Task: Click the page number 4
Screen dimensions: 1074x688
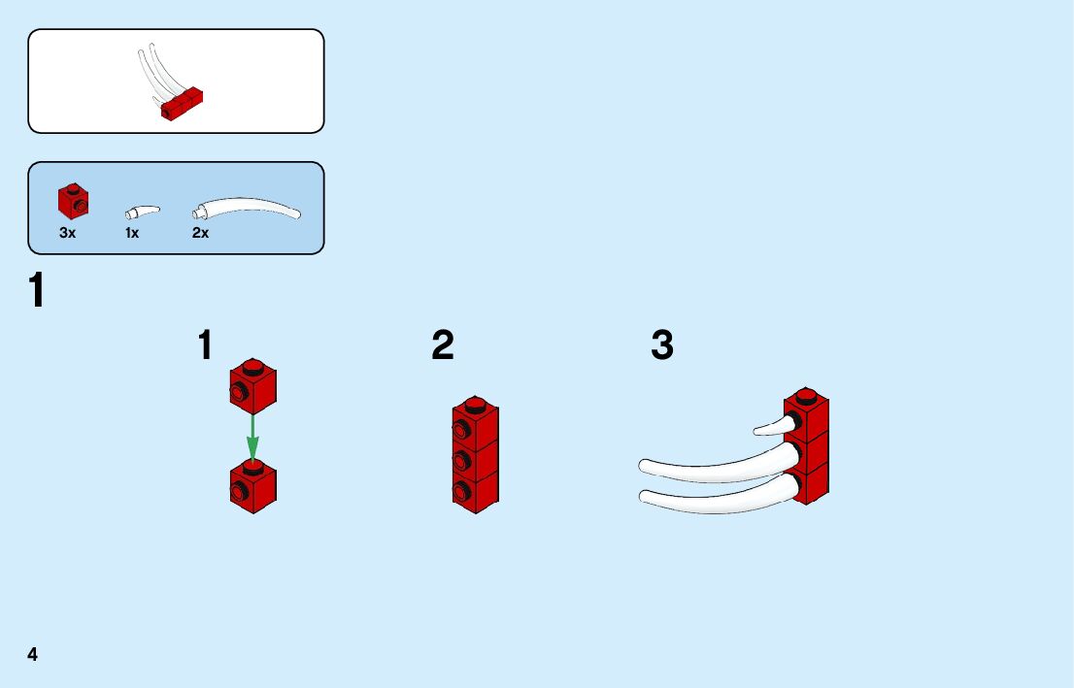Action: pos(33,654)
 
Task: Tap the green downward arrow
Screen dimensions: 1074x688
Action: pos(252,438)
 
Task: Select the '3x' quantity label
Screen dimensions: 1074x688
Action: pos(67,233)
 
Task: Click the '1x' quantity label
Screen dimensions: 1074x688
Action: pos(132,233)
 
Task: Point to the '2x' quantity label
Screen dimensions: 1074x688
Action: pos(200,233)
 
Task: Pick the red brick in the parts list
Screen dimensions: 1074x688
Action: pos(74,200)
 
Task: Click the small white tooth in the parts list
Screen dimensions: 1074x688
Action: pos(142,211)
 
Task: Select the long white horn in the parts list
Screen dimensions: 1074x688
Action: pos(248,207)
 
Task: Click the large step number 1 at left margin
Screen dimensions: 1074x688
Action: pos(36,291)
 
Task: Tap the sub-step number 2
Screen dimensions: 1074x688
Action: pos(443,345)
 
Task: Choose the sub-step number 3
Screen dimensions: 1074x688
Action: pos(662,345)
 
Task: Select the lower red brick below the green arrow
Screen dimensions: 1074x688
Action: pos(252,486)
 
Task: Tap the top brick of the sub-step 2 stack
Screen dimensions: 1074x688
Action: pos(475,419)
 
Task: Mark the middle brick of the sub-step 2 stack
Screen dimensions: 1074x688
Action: pos(475,456)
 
